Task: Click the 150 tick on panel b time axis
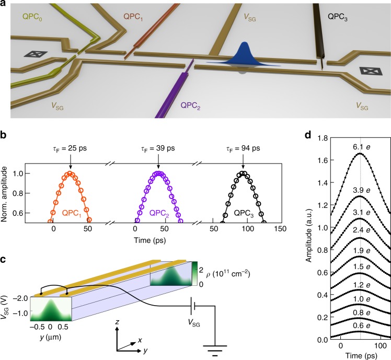[x=281, y=229]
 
